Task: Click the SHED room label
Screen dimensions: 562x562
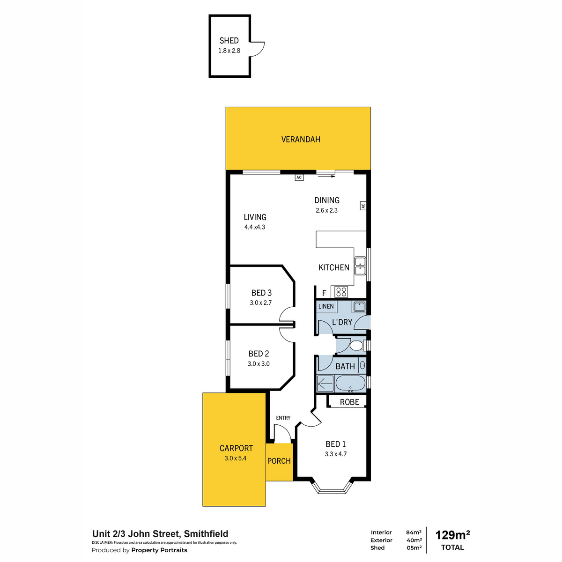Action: click(229, 41)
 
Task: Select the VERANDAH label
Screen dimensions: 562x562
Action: click(301, 140)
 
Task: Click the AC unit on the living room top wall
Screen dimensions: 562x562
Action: click(299, 177)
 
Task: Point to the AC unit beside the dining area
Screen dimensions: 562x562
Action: click(363, 206)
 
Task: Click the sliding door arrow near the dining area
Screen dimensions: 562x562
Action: click(326, 176)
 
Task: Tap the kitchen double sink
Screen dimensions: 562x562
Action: click(360, 266)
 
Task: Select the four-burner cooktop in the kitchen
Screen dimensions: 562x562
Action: click(341, 292)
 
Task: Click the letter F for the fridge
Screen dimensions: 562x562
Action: click(324, 293)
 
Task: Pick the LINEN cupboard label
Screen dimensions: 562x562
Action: click(326, 306)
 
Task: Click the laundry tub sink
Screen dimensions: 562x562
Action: click(360, 307)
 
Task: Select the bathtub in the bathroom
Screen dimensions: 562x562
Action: click(350, 384)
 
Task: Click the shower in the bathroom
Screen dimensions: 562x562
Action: click(325, 384)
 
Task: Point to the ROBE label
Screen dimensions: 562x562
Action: click(349, 402)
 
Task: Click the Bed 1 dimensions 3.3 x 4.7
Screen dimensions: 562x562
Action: click(335, 454)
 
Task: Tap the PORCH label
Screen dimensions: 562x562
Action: click(279, 461)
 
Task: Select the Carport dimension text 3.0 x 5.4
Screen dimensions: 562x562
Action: click(236, 458)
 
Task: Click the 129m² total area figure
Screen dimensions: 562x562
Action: click(452, 535)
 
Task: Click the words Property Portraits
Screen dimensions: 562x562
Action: click(159, 550)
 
